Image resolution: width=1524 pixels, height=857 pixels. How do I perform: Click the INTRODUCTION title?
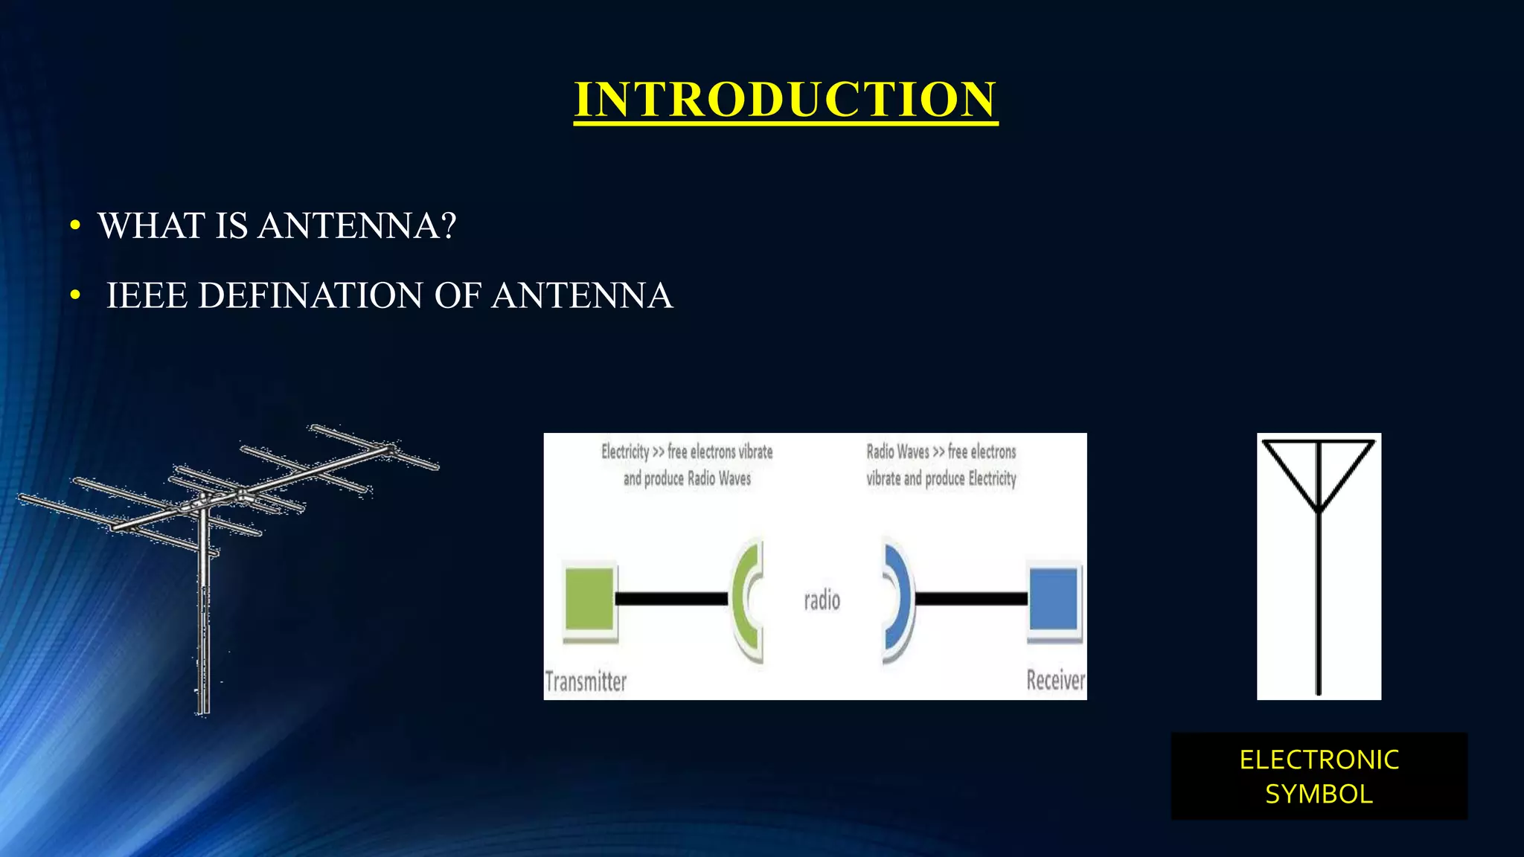[785, 100]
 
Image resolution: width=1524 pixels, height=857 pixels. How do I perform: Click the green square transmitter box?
[589, 599]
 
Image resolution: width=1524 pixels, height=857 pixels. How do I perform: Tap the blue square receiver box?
[1054, 599]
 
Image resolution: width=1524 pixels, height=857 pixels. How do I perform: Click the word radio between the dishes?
[822, 600]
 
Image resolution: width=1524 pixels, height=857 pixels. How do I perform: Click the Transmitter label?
[586, 681]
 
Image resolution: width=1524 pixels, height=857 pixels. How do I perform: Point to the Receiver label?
[1055, 680]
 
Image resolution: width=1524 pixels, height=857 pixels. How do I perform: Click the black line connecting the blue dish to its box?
[970, 599]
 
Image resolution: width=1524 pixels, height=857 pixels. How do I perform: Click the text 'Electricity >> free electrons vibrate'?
[687, 452]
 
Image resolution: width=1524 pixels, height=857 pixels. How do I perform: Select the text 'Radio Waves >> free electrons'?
[941, 452]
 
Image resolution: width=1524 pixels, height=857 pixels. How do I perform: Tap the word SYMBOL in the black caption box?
[1319, 795]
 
